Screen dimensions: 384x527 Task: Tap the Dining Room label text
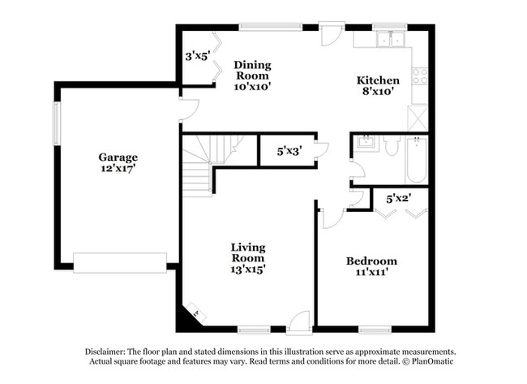tap(252, 75)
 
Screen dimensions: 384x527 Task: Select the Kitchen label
tap(378, 86)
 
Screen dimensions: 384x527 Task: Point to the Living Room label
tap(248, 257)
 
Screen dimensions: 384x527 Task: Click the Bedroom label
tap(371, 266)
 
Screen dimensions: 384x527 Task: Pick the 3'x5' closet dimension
tap(197, 57)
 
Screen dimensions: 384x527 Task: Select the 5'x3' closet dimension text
tap(289, 151)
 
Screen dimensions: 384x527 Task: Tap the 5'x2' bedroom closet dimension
tap(398, 197)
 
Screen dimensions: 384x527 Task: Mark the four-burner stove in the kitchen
tap(420, 76)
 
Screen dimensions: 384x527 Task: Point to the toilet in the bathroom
tap(392, 147)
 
